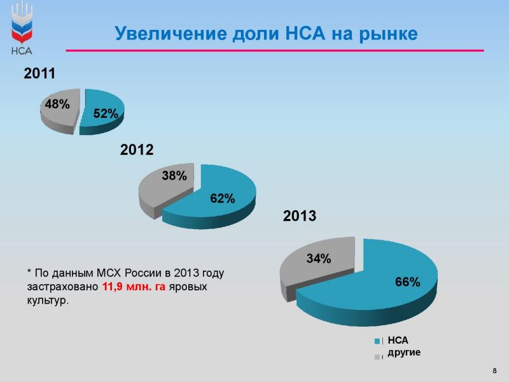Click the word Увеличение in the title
[x=171, y=34]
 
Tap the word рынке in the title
[x=388, y=34]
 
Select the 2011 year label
[x=39, y=73]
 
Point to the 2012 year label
[x=137, y=150]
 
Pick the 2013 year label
[x=300, y=216]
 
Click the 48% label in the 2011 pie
[x=57, y=104]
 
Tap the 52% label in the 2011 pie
[x=106, y=113]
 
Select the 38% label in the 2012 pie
[x=174, y=176]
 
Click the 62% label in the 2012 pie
[x=222, y=198]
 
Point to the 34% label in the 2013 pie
[x=319, y=258]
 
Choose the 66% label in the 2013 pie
[x=408, y=281]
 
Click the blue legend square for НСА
[x=377, y=341]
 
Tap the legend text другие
[x=404, y=353]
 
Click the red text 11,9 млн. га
[x=134, y=287]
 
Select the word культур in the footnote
[x=48, y=301]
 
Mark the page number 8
[x=495, y=371]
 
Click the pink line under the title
[x=275, y=51]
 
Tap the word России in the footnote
[x=144, y=273]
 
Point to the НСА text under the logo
[x=22, y=51]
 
